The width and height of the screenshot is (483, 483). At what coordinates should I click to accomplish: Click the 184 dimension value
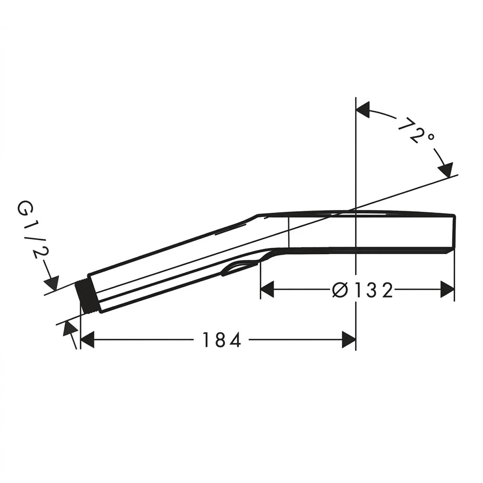point(222,340)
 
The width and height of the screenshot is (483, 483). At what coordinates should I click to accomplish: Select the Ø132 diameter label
point(362,290)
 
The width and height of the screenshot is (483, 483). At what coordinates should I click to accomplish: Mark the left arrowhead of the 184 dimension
point(87,340)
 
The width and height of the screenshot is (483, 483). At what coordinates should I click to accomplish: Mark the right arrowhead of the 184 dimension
point(349,340)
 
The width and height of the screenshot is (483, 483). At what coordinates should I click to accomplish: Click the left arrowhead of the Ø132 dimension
point(267,290)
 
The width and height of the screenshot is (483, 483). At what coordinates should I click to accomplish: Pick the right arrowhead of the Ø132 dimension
point(448,290)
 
